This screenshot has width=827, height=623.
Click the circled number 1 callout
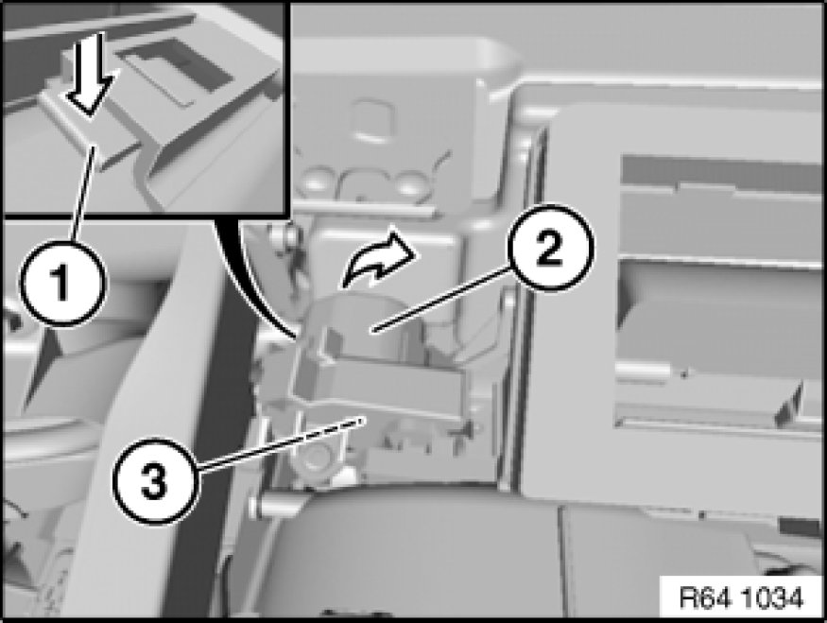click(x=62, y=283)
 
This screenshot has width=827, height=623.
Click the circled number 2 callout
click(x=550, y=249)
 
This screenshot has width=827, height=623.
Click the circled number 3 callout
click(x=156, y=482)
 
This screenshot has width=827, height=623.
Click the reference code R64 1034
click(x=741, y=598)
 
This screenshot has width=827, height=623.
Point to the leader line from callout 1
click(x=83, y=194)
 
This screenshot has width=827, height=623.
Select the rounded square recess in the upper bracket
click(x=375, y=120)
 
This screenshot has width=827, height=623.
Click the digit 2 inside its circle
click(x=550, y=250)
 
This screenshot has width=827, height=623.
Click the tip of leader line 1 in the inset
click(x=95, y=148)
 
